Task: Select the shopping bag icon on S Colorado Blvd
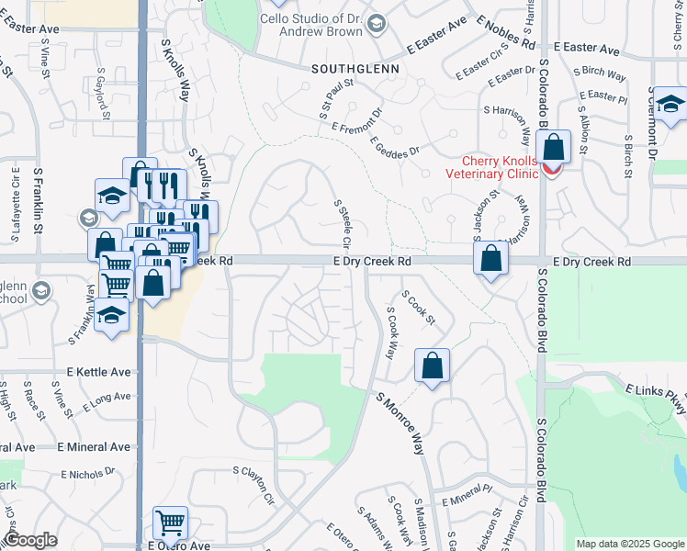point(554,147)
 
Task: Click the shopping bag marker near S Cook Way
point(431,365)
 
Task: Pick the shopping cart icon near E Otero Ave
point(171,523)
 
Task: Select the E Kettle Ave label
point(98,372)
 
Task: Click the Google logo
point(30,540)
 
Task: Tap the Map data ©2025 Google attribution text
point(630,544)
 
